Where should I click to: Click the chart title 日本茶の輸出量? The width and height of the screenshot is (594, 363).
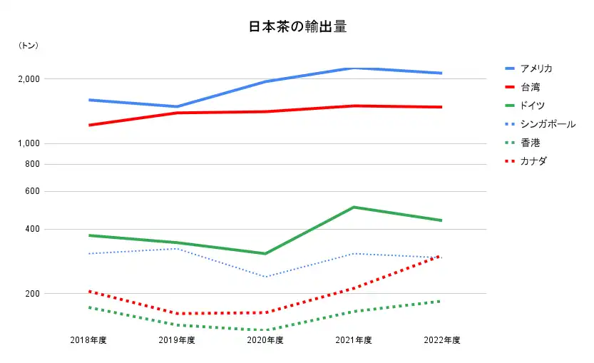[x=297, y=27]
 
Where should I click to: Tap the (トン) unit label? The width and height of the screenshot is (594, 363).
[x=29, y=46]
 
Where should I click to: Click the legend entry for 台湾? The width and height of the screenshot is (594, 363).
[x=531, y=87]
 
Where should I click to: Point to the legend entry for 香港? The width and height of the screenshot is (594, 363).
[x=531, y=143]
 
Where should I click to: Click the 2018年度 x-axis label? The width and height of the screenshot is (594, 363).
[x=88, y=340]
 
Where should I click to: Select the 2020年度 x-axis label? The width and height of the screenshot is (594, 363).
[x=265, y=340]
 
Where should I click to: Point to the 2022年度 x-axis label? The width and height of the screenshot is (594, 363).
[x=442, y=340]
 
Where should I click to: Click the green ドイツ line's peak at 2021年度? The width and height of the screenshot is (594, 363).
[x=354, y=208]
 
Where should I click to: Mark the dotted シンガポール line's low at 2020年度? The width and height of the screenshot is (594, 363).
[x=265, y=277]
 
